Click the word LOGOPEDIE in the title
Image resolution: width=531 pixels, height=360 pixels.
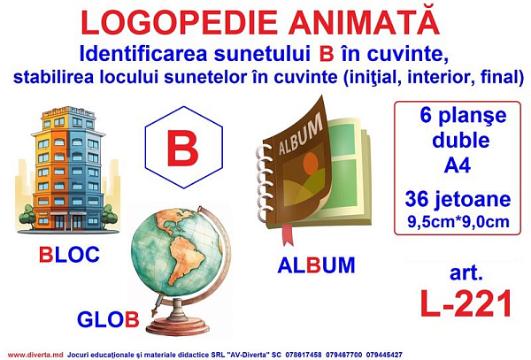pyautogui.click(x=180, y=23)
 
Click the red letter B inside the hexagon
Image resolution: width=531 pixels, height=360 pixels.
pyautogui.click(x=183, y=148)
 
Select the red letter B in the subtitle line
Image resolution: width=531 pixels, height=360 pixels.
pyautogui.click(x=327, y=54)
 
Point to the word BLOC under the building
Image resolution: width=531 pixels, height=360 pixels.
pyautogui.click(x=69, y=255)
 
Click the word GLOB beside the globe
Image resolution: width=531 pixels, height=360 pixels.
pyautogui.click(x=108, y=319)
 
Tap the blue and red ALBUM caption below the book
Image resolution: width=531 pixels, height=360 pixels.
pyautogui.click(x=316, y=265)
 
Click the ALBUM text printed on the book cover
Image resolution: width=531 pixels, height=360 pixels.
pyautogui.click(x=300, y=134)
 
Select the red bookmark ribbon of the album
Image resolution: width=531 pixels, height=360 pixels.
pyautogui.click(x=287, y=234)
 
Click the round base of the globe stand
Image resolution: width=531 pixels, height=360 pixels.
pyautogui.click(x=178, y=326)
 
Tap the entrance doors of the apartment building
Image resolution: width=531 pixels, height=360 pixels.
pyautogui.click(x=68, y=222)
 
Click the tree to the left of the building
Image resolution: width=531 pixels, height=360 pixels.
pyautogui.click(x=27, y=216)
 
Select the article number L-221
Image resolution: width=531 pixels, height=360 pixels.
pyautogui.click(x=466, y=303)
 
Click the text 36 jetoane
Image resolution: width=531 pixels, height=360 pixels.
pyautogui.click(x=458, y=199)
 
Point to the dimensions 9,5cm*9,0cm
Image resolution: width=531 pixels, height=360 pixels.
pyautogui.click(x=458, y=222)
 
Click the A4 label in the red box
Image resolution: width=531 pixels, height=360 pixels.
pyautogui.click(x=458, y=165)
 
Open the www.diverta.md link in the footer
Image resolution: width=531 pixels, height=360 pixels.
pyautogui.click(x=35, y=355)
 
